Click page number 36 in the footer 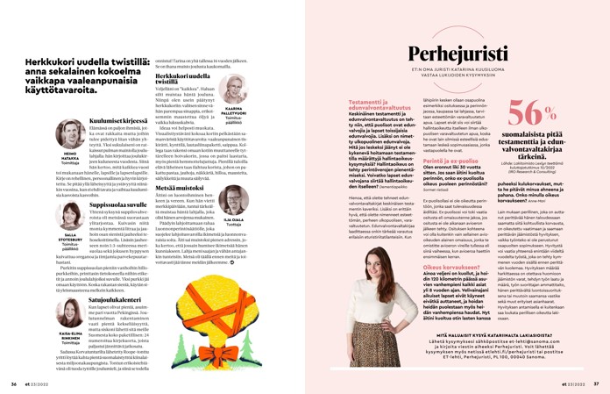[14, 383]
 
